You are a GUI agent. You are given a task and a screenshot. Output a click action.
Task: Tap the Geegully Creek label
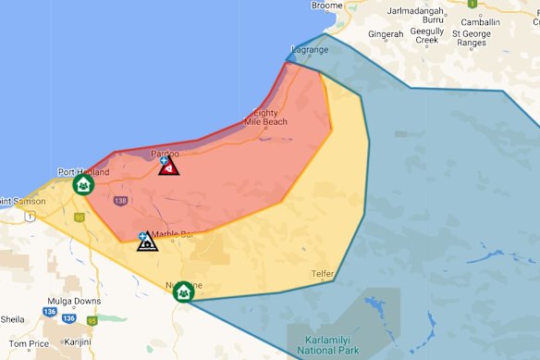[440, 34]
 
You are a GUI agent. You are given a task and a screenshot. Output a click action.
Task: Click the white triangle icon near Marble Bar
[146, 242]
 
